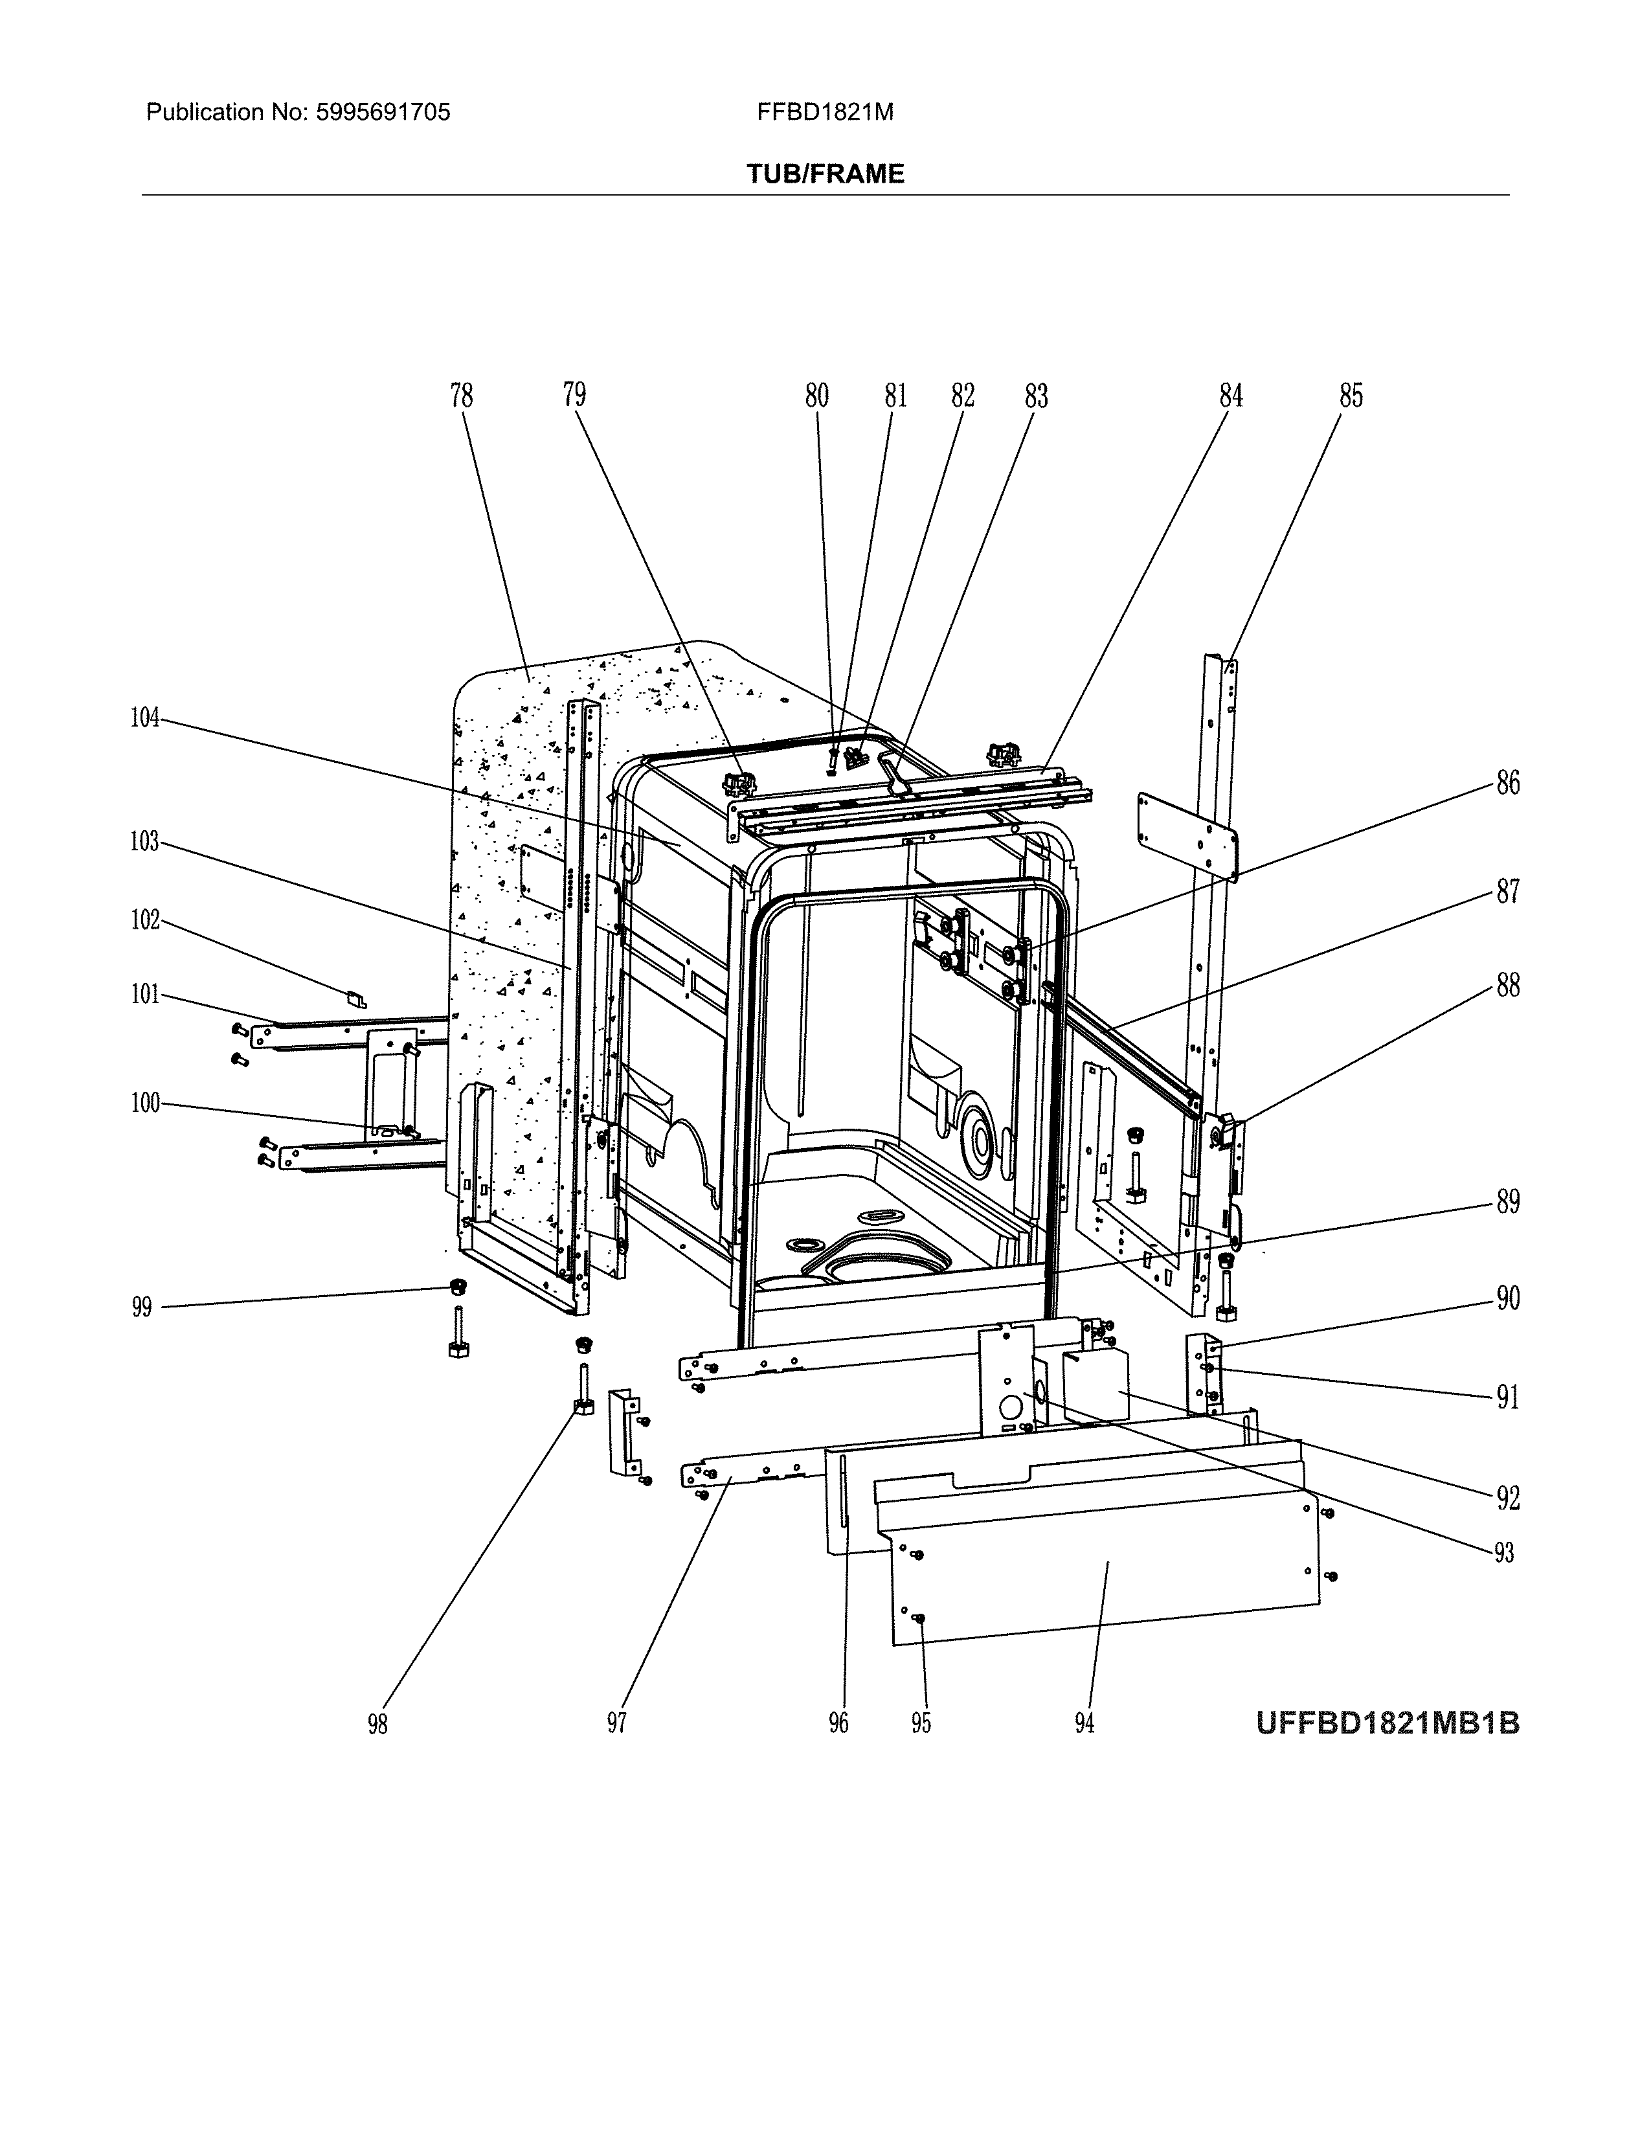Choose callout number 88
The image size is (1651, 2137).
coord(1507,986)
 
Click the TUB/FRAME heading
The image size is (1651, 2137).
coord(824,174)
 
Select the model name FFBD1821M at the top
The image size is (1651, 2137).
coord(824,113)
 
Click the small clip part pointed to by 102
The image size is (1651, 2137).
coord(357,999)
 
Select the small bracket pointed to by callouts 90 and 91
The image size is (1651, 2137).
coord(1203,1375)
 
